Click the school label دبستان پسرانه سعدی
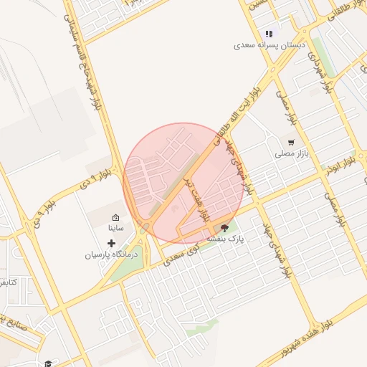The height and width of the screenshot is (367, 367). pos(270,45)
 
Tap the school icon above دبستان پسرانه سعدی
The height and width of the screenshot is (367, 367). pos(270,34)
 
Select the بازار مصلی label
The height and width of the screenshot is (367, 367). pos(291,153)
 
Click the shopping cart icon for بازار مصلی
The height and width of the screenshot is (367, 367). pos(291,142)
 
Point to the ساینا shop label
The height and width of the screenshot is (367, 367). pos(115,228)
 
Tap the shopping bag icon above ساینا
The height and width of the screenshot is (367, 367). pos(115,217)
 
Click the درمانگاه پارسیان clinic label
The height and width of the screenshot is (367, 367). pos(110,254)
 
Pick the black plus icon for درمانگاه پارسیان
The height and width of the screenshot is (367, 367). pos(110,244)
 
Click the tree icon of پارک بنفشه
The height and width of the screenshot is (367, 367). pos(226,229)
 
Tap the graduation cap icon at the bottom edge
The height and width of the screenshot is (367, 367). pos(48,363)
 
